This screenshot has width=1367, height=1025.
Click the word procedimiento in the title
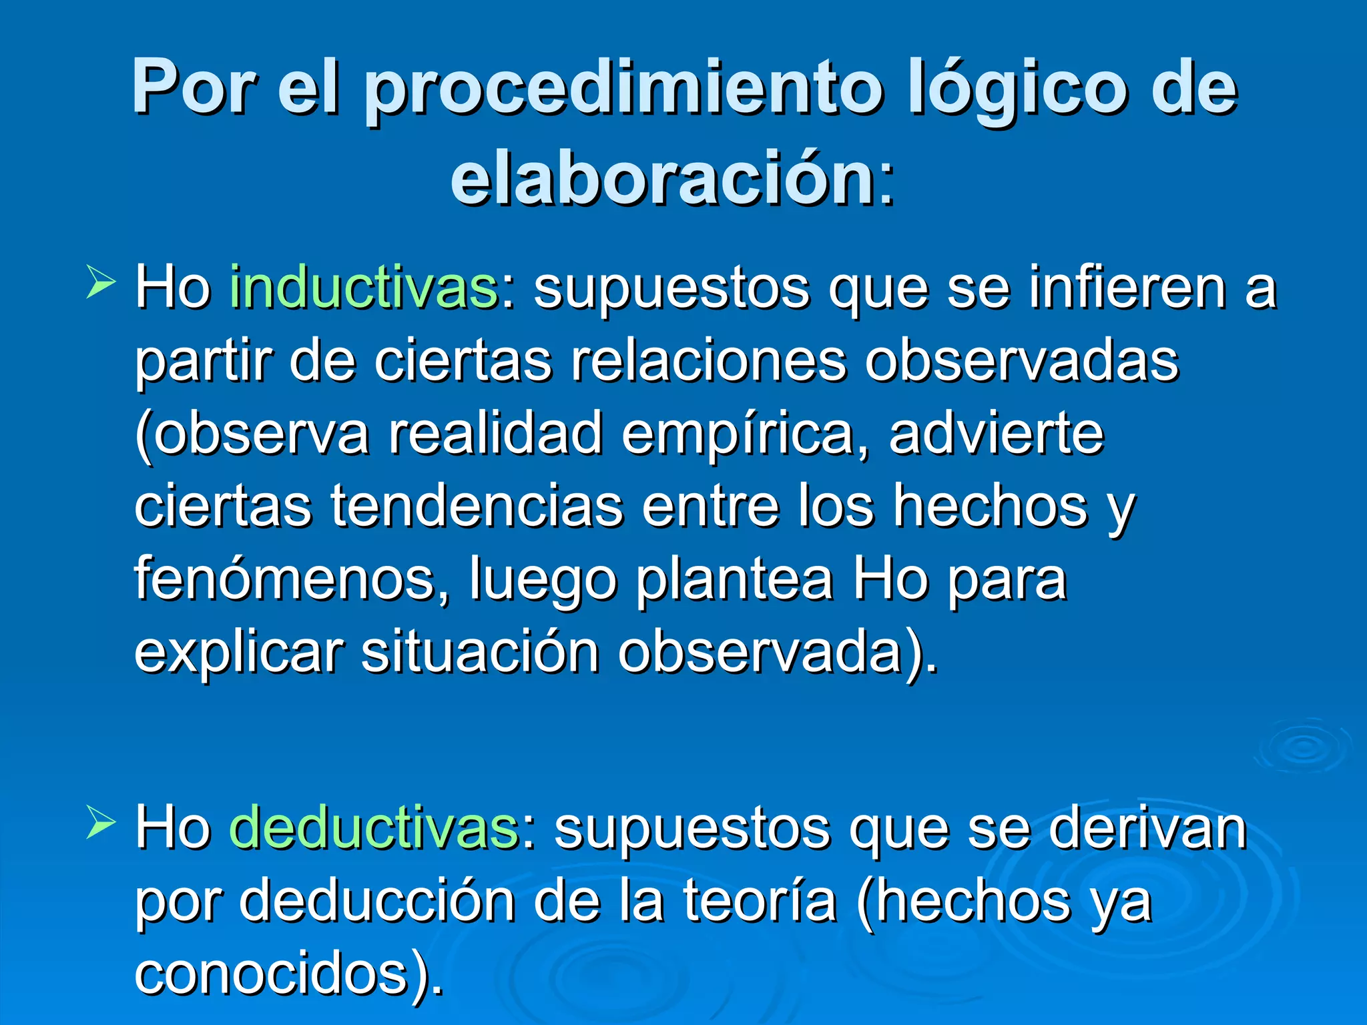click(x=624, y=90)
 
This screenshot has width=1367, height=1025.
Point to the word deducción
click(x=377, y=901)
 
